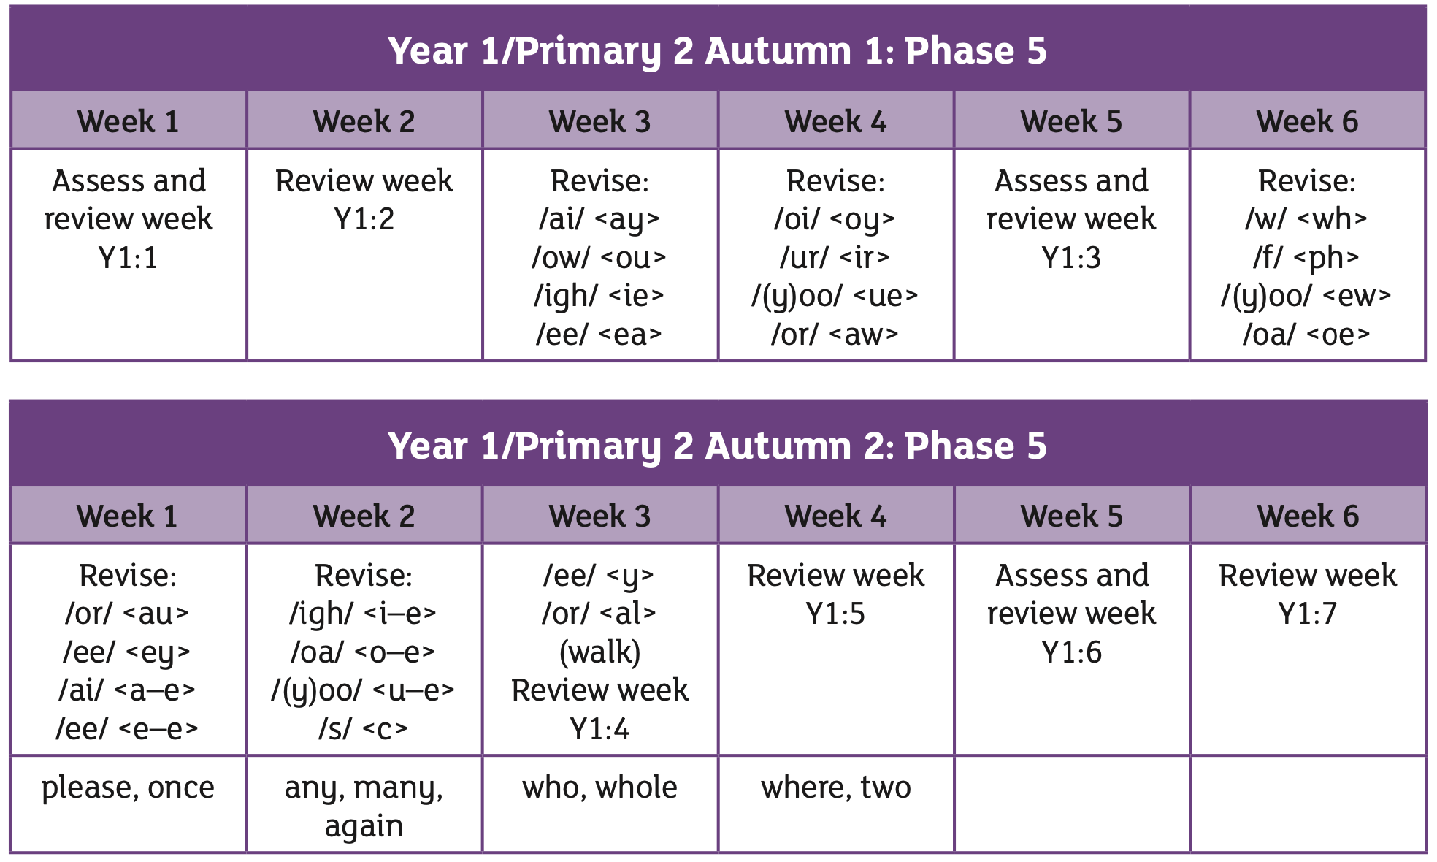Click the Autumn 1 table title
coord(717,51)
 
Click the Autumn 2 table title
coord(717,446)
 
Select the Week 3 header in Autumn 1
coord(599,121)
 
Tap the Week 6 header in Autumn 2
coord(1308,516)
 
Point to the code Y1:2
coord(364,219)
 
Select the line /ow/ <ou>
coord(599,258)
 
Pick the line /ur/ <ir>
coord(835,258)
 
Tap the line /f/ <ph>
coord(1307,258)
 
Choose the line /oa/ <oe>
coord(1307,335)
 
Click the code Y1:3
coord(1071,258)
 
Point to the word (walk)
coord(599,652)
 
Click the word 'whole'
coord(636,787)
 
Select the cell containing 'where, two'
coord(836,804)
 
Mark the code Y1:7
coord(1308,614)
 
